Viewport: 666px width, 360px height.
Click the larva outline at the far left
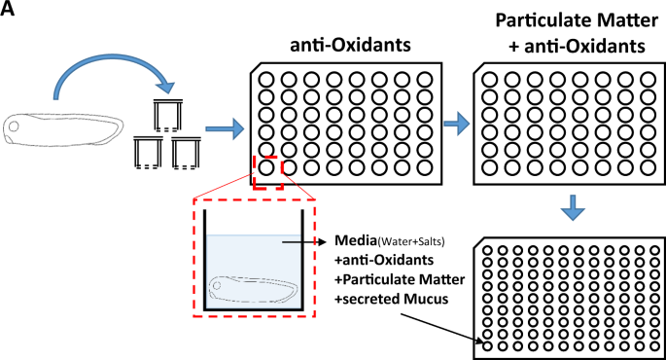pyautogui.click(x=62, y=126)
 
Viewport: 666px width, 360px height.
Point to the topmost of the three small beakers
pyautogui.click(x=173, y=115)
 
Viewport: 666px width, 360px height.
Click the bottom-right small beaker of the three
pyautogui.click(x=187, y=153)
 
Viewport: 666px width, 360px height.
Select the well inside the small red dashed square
pyautogui.click(x=267, y=167)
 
